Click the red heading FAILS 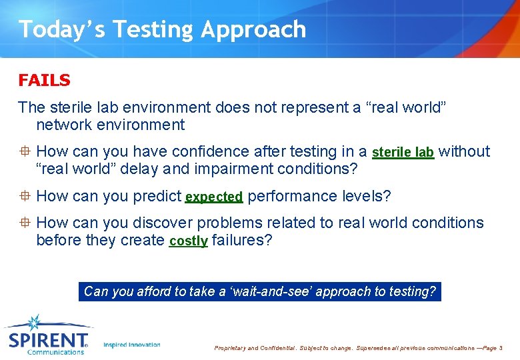44,81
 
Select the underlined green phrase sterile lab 403,153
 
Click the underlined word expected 213,197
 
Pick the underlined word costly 188,241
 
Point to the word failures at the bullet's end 241,240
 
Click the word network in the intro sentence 65,125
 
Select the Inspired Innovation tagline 132,345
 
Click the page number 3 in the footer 501,348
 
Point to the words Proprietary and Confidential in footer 253,348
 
